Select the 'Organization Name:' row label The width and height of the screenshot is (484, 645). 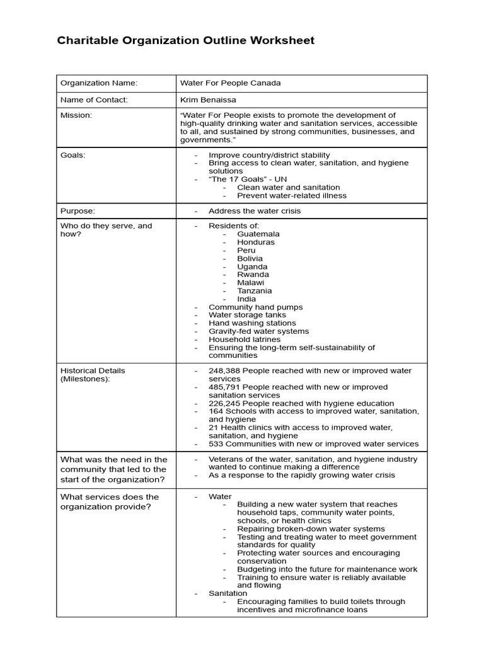tap(98, 83)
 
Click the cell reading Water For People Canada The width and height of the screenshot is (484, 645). tap(230, 83)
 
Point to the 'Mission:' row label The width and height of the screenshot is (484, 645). tap(76, 116)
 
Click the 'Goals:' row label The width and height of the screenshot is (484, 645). tap(72, 155)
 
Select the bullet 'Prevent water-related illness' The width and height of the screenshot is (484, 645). tap(292, 195)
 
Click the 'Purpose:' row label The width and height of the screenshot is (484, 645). tap(78, 211)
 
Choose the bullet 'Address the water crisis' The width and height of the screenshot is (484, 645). tap(255, 211)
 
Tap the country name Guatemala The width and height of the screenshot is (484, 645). tap(258, 234)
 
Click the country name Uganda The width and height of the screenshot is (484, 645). tap(252, 266)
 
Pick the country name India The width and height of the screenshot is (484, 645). tap(246, 299)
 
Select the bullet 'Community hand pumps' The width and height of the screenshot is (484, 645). tap(255, 307)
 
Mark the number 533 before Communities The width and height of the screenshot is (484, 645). tap(217, 444)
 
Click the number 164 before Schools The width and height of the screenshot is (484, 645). tap(217, 411)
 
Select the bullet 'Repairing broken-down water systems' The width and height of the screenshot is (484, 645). tap(311, 529)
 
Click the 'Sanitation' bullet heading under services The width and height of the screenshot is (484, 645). tap(228, 593)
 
